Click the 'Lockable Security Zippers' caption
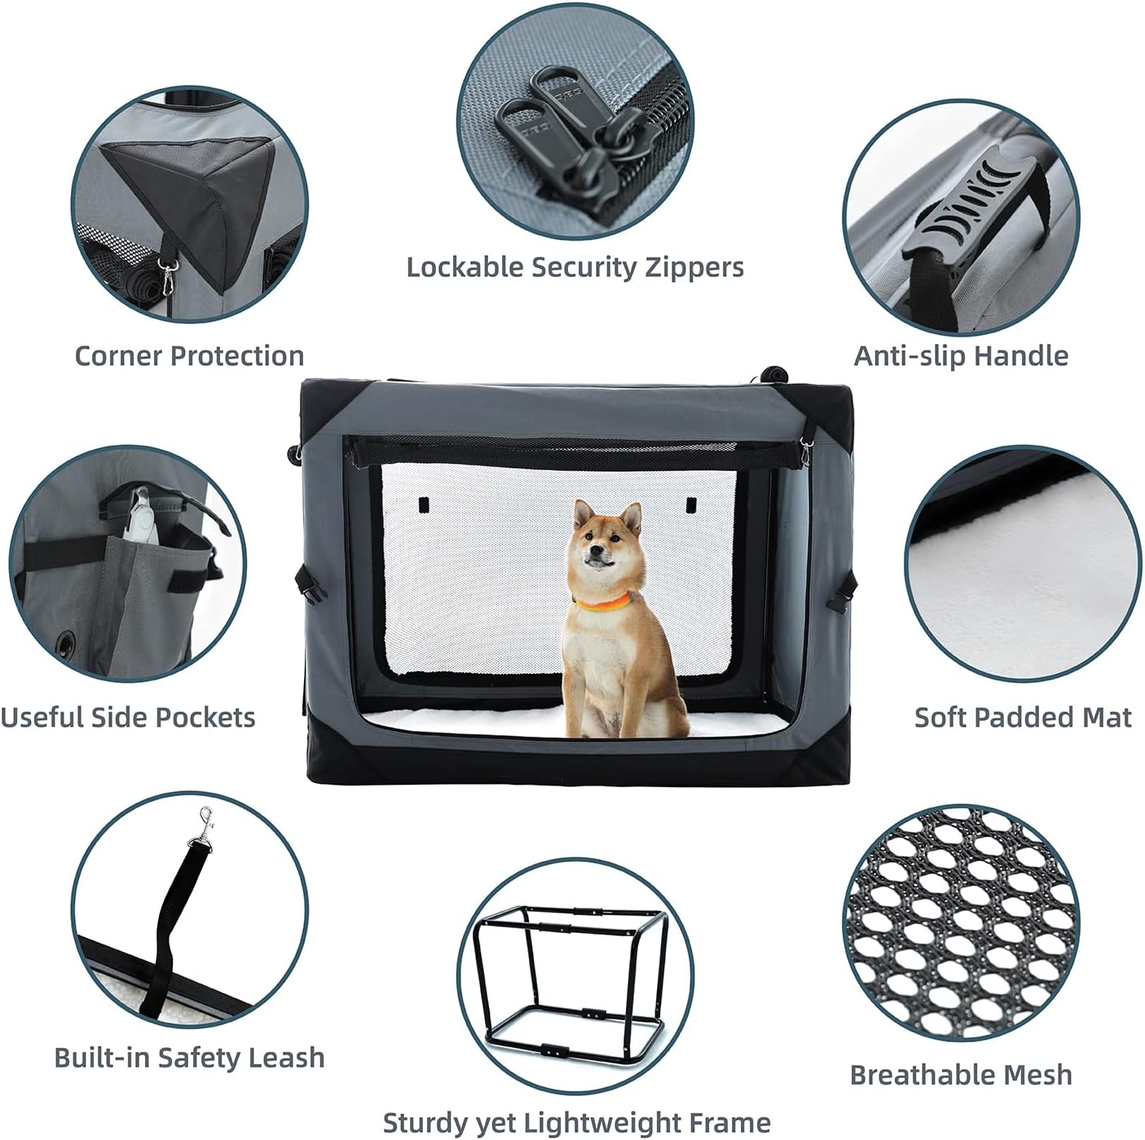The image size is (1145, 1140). pos(575,267)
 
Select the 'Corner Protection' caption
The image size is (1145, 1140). pos(189,356)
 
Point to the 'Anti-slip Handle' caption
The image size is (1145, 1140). pos(961,356)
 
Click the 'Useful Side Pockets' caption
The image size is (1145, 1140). pos(128,717)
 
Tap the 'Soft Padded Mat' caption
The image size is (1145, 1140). pos(1023,717)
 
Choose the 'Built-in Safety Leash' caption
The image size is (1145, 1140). pos(189,1057)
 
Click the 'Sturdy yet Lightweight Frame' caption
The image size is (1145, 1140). pos(576,1122)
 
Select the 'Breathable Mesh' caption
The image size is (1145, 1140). pos(961,1075)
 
